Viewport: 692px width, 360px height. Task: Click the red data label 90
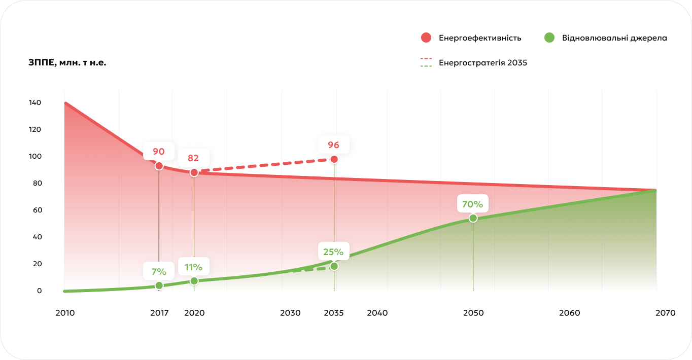pyautogui.click(x=159, y=151)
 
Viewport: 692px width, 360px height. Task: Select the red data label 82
pyautogui.click(x=193, y=158)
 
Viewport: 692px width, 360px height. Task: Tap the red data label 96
pyautogui.click(x=333, y=145)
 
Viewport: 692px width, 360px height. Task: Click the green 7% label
pyautogui.click(x=159, y=271)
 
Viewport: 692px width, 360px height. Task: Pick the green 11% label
pyautogui.click(x=193, y=267)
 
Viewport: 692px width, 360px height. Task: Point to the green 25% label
pyautogui.click(x=333, y=251)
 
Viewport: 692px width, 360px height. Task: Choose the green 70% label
pyautogui.click(x=472, y=204)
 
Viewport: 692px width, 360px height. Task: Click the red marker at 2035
pyautogui.click(x=334, y=159)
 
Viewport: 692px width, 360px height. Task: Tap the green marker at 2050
pyautogui.click(x=473, y=218)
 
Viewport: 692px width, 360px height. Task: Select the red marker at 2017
pyautogui.click(x=159, y=166)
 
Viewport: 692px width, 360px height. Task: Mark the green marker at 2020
pyautogui.click(x=194, y=281)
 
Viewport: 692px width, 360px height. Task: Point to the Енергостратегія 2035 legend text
pyautogui.click(x=482, y=63)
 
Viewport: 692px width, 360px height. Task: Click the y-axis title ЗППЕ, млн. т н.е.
pyautogui.click(x=67, y=63)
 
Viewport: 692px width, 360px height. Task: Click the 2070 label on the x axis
pyautogui.click(x=665, y=313)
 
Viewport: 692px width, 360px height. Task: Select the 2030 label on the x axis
pyautogui.click(x=290, y=313)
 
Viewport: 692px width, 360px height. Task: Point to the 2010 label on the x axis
pyautogui.click(x=65, y=313)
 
